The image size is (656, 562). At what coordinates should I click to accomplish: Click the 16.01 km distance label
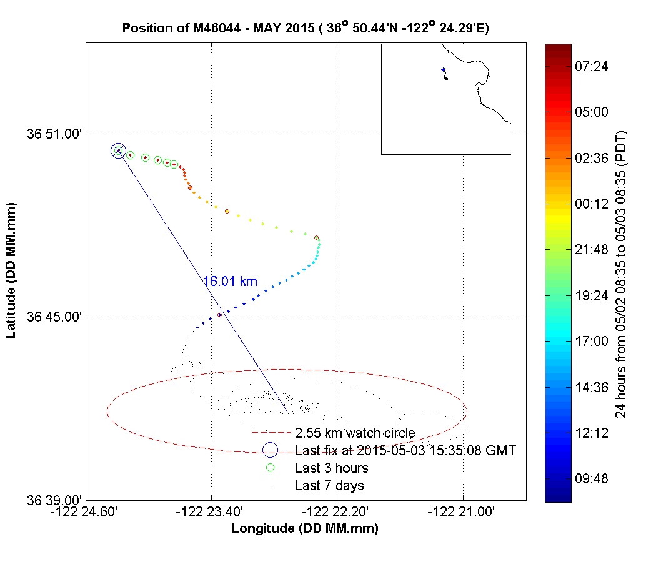click(x=230, y=282)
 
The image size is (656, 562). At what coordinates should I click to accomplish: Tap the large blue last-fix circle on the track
click(x=118, y=150)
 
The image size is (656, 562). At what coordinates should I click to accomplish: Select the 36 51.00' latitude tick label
click(x=52, y=133)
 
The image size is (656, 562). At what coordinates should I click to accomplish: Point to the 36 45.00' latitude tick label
click(x=52, y=317)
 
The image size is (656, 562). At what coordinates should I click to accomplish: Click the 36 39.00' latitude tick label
click(x=52, y=500)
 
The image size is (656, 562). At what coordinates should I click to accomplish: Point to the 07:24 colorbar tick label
click(x=591, y=66)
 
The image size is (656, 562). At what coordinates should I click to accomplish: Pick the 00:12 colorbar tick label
click(x=591, y=204)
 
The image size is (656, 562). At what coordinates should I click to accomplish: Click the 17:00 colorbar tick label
click(x=591, y=341)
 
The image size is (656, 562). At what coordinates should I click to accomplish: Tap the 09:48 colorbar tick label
click(x=591, y=478)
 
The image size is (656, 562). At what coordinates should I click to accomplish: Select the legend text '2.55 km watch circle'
click(x=355, y=433)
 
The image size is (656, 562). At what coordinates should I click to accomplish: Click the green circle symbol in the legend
click(x=270, y=467)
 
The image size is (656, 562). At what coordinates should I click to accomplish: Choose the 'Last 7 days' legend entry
click(x=329, y=485)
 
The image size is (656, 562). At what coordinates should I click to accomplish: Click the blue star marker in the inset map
click(x=443, y=70)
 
